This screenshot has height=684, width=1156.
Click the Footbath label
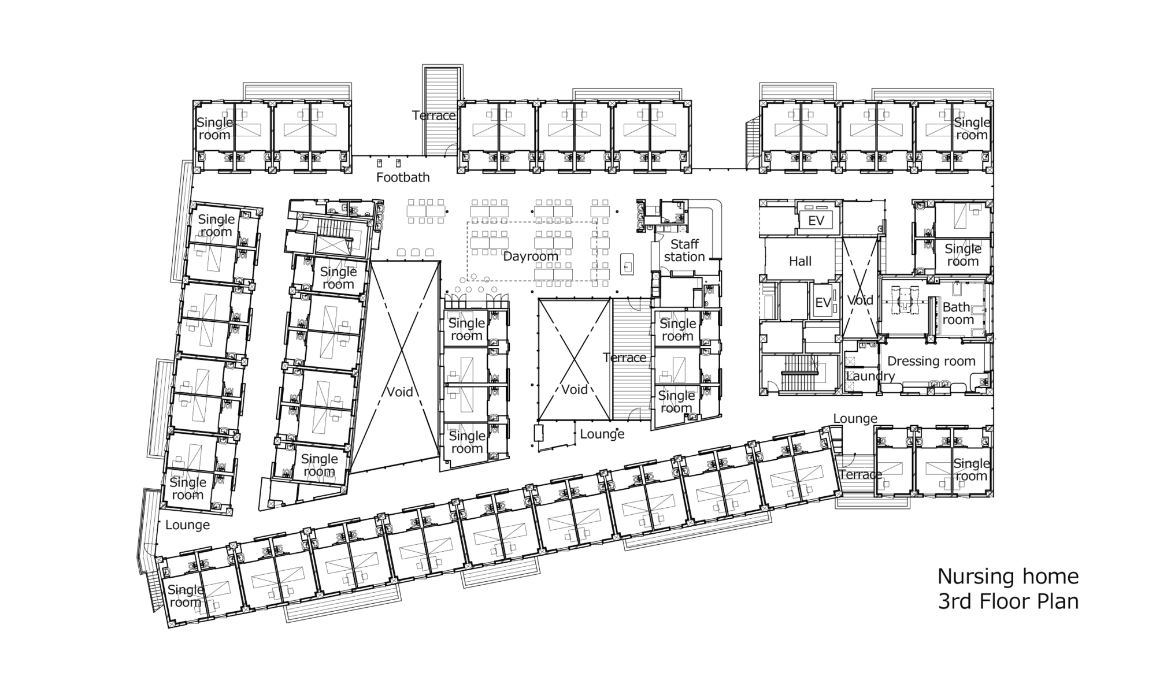[x=403, y=177]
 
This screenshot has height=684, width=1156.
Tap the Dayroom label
[x=531, y=256]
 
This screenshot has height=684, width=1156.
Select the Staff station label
[x=684, y=251]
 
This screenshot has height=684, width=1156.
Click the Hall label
[x=800, y=261]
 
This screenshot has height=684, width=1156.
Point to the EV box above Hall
[x=816, y=220]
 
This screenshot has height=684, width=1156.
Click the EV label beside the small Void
[x=822, y=302]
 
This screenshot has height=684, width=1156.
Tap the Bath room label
[x=958, y=313]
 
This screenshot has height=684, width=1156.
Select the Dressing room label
[x=931, y=361]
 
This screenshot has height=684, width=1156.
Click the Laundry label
[x=870, y=376]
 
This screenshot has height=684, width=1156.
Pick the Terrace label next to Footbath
[x=433, y=116]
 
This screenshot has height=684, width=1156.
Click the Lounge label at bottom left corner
[x=187, y=525]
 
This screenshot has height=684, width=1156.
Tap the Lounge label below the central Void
[x=602, y=434]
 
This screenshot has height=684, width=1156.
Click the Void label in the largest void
[x=399, y=392]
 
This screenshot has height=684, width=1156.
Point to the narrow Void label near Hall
[x=859, y=300]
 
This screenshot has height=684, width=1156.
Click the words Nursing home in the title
[x=1007, y=576]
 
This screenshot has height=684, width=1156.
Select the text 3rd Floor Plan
[x=1007, y=601]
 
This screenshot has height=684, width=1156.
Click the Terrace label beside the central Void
[x=624, y=358]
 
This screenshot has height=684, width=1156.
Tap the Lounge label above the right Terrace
[x=855, y=418]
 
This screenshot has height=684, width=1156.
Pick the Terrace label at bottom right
[x=860, y=474]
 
